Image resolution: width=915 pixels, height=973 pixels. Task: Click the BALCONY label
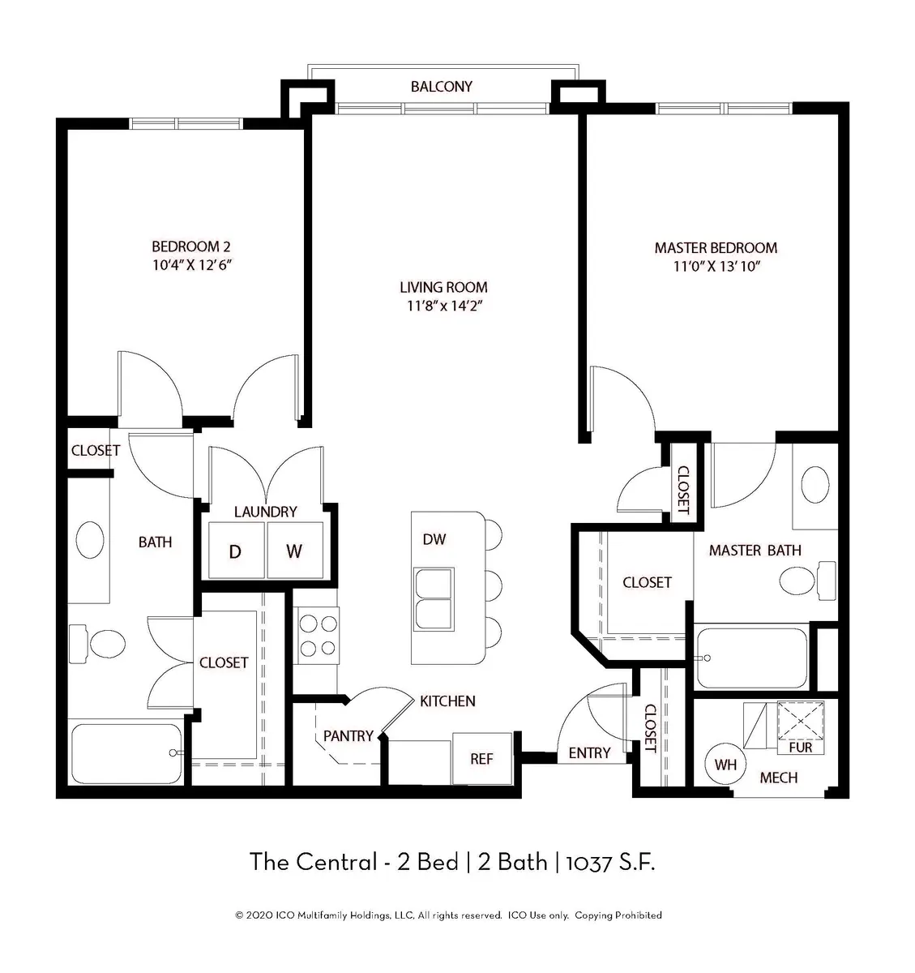[x=441, y=87]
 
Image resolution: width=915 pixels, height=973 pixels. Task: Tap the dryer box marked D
[x=236, y=551]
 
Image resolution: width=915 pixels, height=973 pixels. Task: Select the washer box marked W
[x=294, y=551]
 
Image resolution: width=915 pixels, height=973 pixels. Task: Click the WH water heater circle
[x=725, y=764]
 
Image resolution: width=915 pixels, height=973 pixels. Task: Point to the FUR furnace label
[x=800, y=748]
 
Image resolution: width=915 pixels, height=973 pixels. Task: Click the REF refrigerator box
[x=481, y=759]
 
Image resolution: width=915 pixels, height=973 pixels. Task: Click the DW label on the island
[x=434, y=539]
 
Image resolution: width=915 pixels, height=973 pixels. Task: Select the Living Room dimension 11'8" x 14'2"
[x=443, y=306]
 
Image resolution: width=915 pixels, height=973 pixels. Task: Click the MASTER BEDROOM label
[x=716, y=247]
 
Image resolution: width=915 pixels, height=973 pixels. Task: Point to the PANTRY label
[x=348, y=736]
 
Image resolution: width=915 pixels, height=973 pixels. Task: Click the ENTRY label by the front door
[x=589, y=752]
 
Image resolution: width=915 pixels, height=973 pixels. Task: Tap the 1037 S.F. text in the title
[x=611, y=861]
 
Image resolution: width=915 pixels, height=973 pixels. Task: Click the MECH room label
[x=778, y=778]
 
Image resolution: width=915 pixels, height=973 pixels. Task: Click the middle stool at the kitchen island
[x=491, y=581]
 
